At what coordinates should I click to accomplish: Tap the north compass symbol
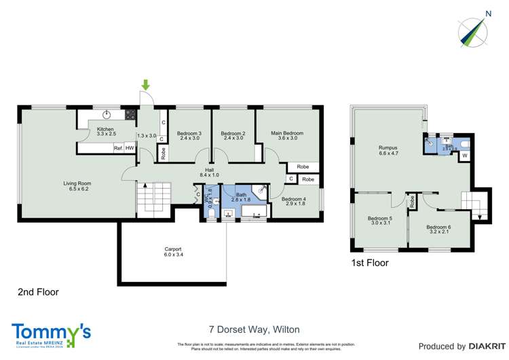tap(472, 29)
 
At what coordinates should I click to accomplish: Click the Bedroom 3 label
tap(185, 135)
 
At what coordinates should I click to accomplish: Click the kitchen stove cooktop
tap(130, 114)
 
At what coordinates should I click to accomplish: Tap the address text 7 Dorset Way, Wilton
tap(254, 331)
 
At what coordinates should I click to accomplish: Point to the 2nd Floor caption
tap(38, 292)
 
